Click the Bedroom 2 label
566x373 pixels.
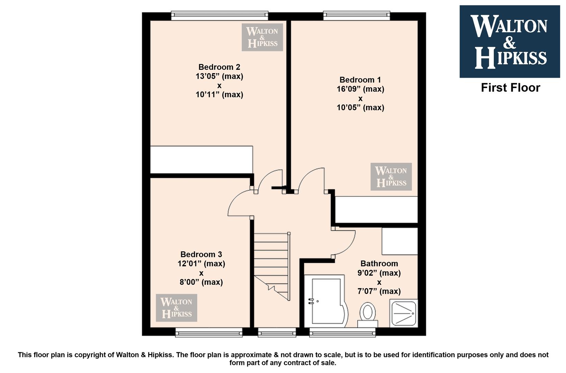pos(219,67)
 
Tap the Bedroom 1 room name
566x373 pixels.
pos(360,80)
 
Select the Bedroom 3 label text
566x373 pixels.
pos(201,254)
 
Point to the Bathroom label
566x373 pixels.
pos(379,264)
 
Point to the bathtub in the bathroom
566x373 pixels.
pos(326,301)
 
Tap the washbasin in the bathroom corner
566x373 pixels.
pos(403,313)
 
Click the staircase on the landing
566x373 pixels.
pos(272,267)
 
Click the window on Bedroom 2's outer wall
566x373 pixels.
pos(220,16)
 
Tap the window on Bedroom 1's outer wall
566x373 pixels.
pos(356,16)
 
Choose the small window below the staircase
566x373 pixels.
pos(277,332)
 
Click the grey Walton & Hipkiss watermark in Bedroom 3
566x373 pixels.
pos(176,308)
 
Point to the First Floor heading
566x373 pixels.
pos(510,88)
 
